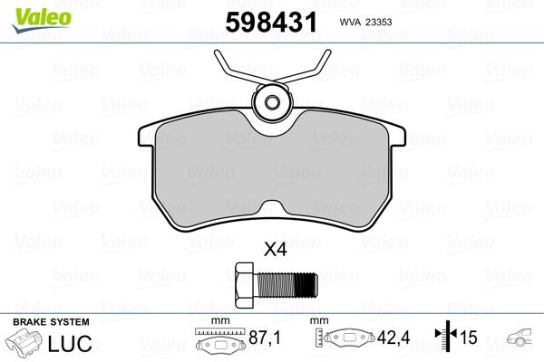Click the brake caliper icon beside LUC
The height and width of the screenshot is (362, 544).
(x=25, y=344)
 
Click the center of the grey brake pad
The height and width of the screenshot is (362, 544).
(x=271, y=172)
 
